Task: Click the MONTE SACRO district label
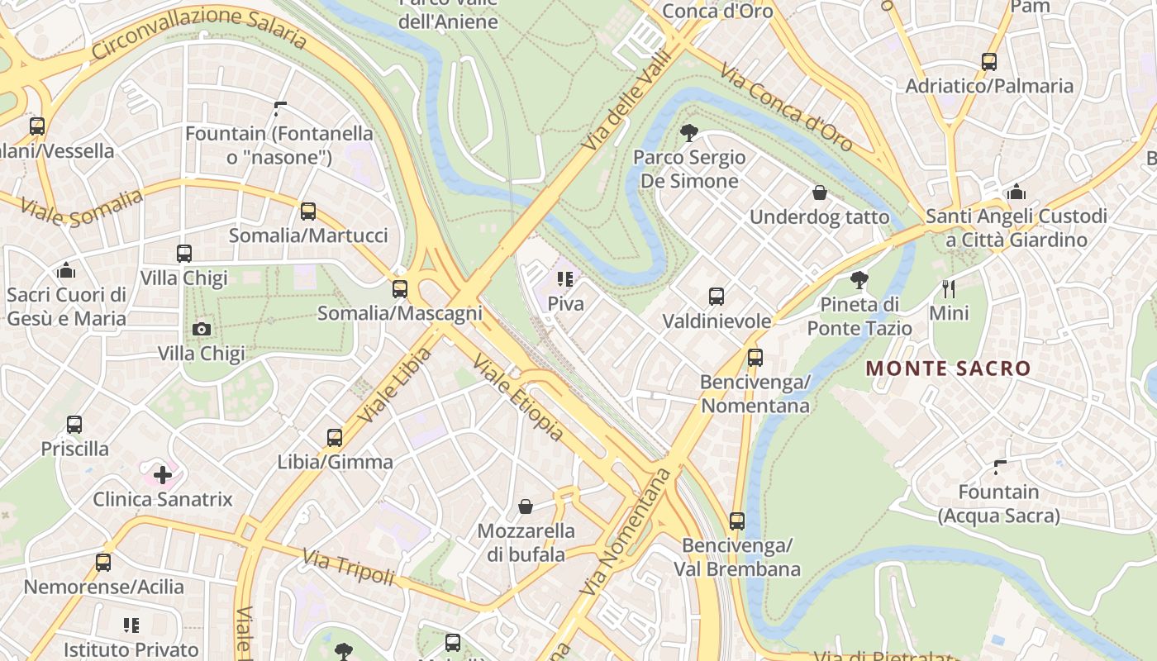click(x=948, y=369)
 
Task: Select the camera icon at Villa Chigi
click(x=201, y=330)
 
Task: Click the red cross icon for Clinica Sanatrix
click(x=163, y=475)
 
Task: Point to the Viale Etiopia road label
click(x=518, y=397)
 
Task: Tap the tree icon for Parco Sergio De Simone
click(x=688, y=133)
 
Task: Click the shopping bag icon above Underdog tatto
click(x=820, y=193)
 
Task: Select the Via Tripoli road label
click(x=348, y=567)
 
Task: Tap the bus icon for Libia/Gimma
click(x=335, y=438)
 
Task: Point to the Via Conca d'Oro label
click(x=785, y=107)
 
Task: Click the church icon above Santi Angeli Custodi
click(x=1017, y=193)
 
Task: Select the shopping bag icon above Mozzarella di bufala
click(x=526, y=506)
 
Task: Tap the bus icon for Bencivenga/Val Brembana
click(x=737, y=522)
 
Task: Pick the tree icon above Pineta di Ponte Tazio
click(x=859, y=280)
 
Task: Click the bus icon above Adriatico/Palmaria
click(x=989, y=62)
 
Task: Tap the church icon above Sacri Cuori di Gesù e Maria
click(x=66, y=271)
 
